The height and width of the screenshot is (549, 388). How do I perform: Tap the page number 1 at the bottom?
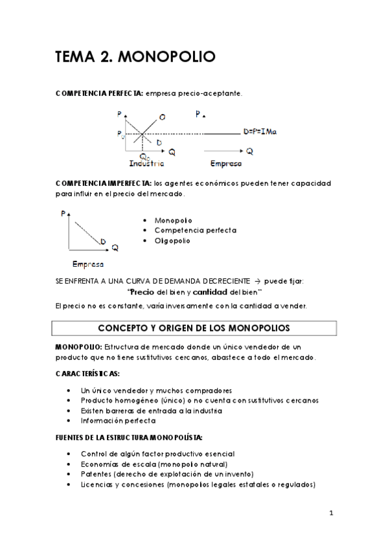tap(330, 514)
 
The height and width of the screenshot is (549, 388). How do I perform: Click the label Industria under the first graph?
tap(147, 163)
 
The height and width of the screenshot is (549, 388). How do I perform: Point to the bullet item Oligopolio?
tap(172, 241)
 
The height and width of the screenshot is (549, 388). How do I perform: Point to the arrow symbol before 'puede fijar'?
tap(257, 281)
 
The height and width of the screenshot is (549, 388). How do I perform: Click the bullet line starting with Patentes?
tap(167, 474)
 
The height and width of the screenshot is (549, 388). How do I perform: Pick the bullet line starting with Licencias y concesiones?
tap(198, 484)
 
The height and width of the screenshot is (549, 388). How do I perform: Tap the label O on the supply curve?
tap(161, 117)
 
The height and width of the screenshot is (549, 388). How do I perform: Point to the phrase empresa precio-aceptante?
tap(194, 94)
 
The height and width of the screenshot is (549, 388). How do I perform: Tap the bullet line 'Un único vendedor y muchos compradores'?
tap(156, 390)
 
